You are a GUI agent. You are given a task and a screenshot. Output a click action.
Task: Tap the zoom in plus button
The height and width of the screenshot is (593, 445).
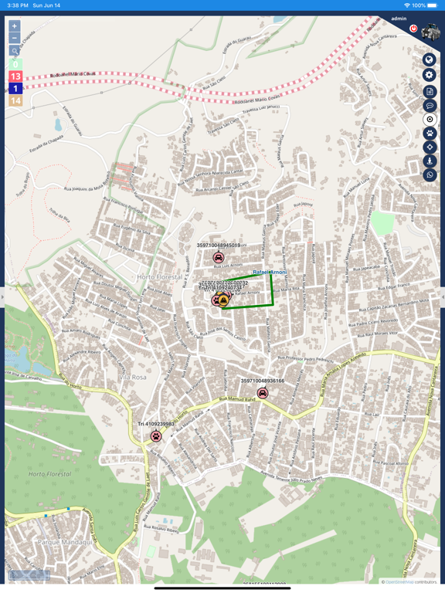click(x=14, y=26)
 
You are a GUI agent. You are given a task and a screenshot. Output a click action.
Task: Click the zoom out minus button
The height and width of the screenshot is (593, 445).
click(x=14, y=38)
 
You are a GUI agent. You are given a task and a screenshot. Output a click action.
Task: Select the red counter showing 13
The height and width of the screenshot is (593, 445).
click(x=15, y=76)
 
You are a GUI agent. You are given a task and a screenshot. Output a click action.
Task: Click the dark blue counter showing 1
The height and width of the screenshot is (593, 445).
click(x=15, y=89)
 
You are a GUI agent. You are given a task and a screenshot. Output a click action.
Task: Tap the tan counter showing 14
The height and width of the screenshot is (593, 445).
click(x=15, y=100)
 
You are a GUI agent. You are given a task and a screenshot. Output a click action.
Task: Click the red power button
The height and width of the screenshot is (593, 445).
click(x=413, y=29)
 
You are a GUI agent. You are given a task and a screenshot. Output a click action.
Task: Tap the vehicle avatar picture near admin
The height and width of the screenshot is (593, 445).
click(x=430, y=32)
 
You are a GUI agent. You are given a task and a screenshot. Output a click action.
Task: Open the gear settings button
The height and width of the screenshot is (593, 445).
click(x=430, y=75)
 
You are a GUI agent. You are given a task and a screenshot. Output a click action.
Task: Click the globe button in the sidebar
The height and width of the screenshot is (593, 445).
click(x=430, y=59)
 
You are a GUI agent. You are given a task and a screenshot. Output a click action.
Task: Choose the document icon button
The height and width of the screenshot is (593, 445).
click(x=430, y=91)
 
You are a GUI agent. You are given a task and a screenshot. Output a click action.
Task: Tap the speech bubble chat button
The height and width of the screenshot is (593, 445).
click(x=430, y=105)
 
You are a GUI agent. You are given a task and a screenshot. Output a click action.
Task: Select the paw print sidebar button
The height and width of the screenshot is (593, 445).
click(x=430, y=133)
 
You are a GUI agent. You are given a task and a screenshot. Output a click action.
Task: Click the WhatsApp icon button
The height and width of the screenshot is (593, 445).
click(x=430, y=175)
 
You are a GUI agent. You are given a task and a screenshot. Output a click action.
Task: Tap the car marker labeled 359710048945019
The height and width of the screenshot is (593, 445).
click(x=219, y=258)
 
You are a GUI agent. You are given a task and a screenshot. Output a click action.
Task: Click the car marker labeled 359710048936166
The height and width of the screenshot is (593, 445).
click(x=263, y=393)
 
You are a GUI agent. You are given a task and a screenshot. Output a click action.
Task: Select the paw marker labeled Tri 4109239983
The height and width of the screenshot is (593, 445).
click(x=156, y=436)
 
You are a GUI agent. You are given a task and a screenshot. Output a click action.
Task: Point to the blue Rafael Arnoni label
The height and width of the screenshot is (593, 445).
click(x=270, y=273)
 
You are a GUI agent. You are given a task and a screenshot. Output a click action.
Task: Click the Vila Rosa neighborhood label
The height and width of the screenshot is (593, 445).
click(x=133, y=377)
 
